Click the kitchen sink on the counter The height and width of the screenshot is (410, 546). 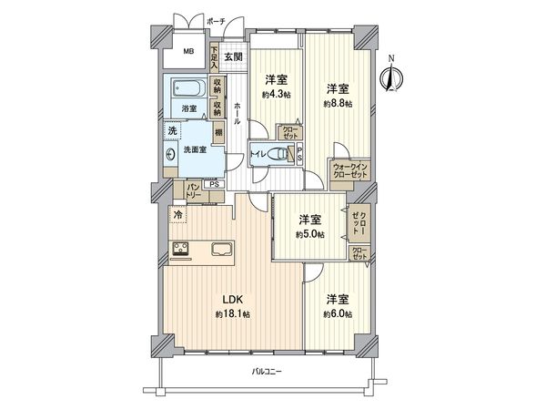click(x=221, y=248)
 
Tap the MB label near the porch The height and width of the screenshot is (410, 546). click(x=187, y=52)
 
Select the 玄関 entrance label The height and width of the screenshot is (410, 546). click(x=232, y=57)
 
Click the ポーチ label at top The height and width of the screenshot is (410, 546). click(x=216, y=20)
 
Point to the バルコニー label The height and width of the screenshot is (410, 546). click(x=268, y=373)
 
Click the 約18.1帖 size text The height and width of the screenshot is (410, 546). click(x=233, y=314)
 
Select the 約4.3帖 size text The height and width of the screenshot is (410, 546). click(x=276, y=94)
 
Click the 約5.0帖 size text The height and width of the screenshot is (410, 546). click(x=310, y=233)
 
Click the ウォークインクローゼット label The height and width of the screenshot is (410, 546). click(x=349, y=169)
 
